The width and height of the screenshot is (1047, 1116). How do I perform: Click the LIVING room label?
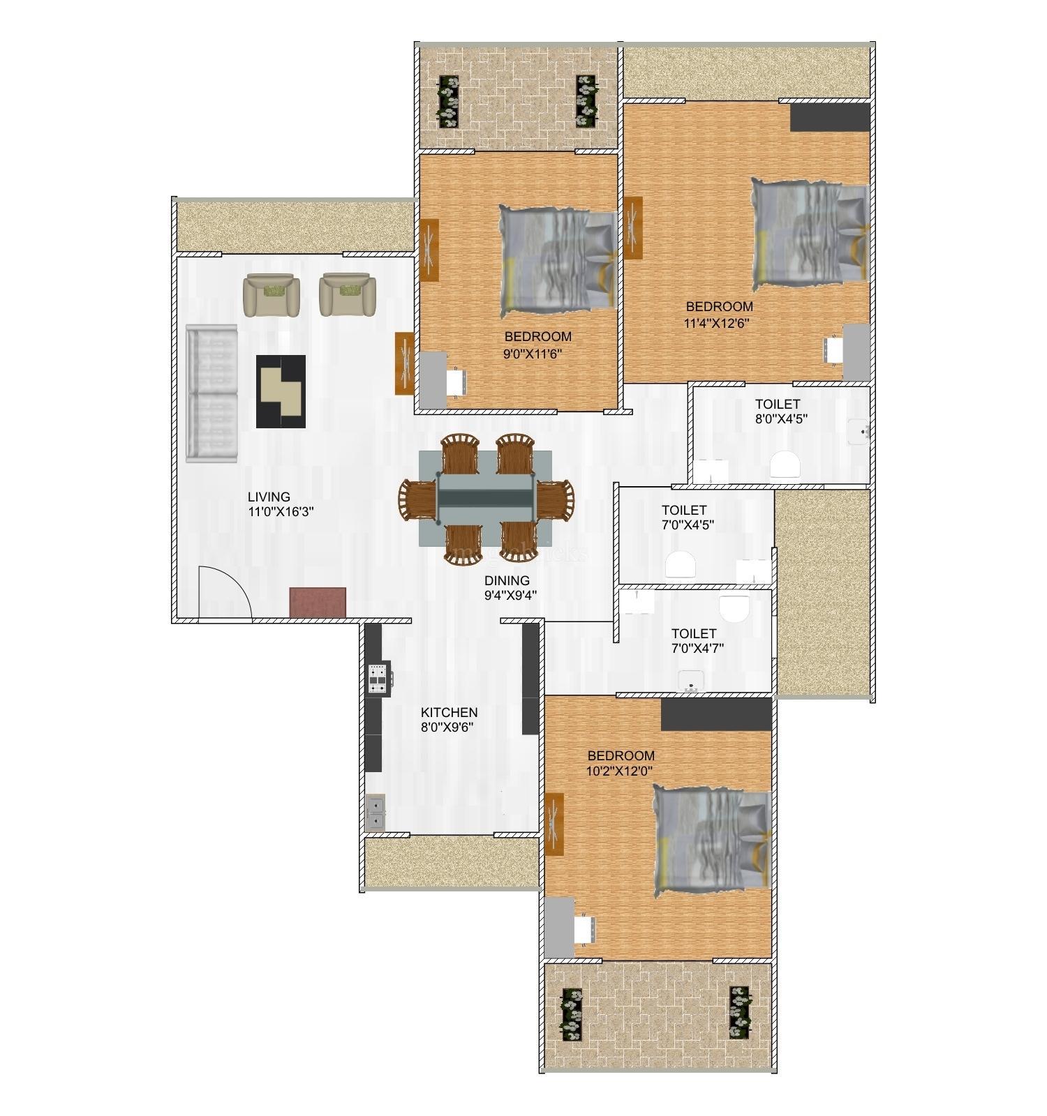269,497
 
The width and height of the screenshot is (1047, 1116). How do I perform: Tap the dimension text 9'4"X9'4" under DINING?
510,595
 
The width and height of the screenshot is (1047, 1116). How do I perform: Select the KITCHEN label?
449,712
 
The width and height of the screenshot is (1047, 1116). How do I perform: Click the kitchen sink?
375,813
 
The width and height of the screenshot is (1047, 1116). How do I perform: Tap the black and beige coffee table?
281,391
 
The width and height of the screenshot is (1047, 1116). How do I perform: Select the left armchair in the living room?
272,294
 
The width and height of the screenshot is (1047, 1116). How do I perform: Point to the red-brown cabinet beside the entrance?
318,602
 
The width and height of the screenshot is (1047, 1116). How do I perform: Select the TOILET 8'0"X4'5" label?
777,404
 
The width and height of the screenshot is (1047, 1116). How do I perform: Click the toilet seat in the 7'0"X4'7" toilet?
733,609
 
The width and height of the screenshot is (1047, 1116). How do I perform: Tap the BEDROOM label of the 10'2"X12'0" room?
621,755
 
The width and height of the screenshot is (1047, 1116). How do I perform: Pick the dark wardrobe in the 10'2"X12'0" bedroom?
715,714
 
